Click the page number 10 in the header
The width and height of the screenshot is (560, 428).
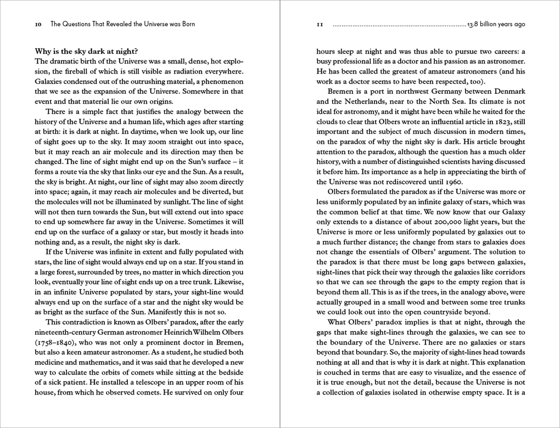(38, 24)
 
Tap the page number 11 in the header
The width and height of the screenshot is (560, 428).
(321, 25)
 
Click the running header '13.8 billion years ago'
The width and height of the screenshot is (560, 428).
(496, 24)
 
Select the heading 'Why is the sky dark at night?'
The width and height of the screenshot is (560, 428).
(87, 52)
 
